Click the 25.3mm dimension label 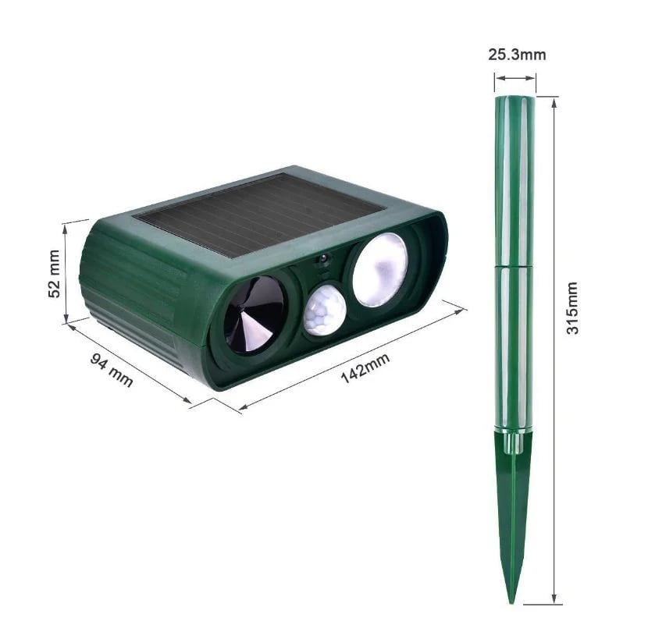tap(517, 55)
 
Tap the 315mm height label tap(573, 308)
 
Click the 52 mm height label tap(54, 273)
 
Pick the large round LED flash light tap(379, 269)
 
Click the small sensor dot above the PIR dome tap(322, 261)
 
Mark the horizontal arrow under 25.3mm tap(515, 78)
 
